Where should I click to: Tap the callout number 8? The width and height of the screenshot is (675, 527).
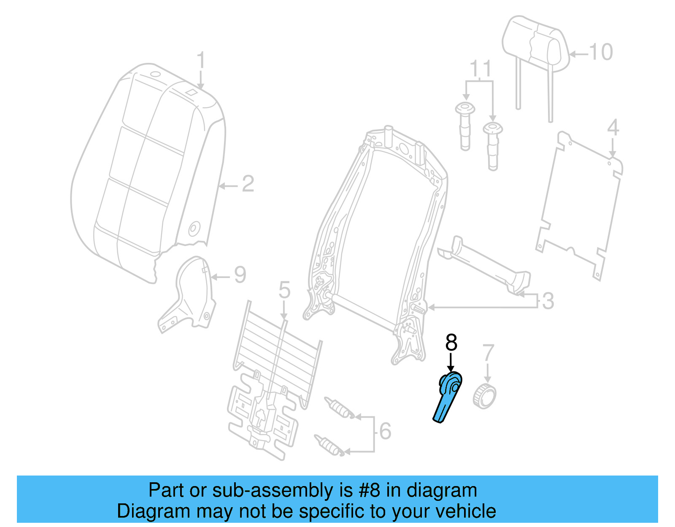451,343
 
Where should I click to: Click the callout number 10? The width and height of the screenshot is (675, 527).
600,52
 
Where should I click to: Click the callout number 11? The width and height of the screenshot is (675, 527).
481,68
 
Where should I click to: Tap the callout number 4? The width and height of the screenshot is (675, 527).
613,127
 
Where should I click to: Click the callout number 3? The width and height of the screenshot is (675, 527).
548,301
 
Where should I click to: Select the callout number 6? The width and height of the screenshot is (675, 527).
385,431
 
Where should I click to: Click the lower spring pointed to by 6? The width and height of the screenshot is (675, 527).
329,444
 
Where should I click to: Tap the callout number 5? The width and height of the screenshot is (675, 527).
284,291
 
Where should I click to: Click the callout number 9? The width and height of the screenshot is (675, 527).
240,276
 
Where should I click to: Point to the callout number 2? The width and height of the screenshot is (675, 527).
248,184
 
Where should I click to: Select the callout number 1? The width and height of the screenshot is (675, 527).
201,61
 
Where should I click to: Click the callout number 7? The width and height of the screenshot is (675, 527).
488,353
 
